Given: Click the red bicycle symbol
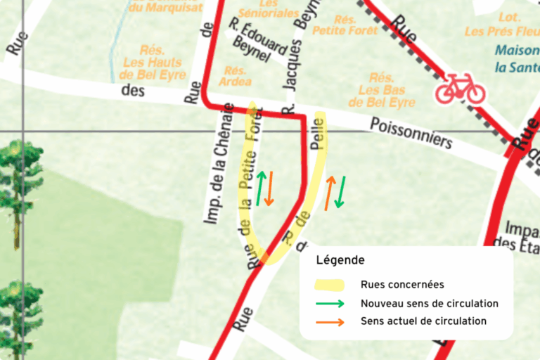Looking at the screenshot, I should (x=460, y=90).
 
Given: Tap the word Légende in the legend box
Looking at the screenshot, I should (x=340, y=260).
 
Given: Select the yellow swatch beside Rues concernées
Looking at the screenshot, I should (x=329, y=285).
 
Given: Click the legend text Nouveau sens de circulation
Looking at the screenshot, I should (x=430, y=304).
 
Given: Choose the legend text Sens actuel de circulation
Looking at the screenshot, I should (x=423, y=321).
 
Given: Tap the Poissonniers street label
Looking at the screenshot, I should (x=411, y=133).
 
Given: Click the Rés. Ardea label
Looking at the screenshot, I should (x=235, y=76).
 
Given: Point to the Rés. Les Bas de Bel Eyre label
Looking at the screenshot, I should (x=386, y=90).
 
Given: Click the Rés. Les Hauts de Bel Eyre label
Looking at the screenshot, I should (x=154, y=63).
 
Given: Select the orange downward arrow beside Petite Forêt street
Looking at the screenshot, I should (x=269, y=188).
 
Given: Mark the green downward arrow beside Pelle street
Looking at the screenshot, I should (x=340, y=192).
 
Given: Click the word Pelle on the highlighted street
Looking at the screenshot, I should (x=317, y=134).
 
